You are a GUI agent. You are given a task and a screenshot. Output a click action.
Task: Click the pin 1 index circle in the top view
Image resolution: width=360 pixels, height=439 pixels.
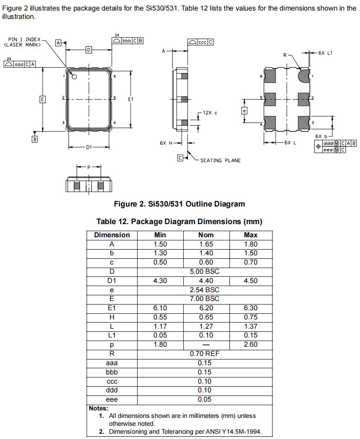pyautogui.click(x=74, y=77)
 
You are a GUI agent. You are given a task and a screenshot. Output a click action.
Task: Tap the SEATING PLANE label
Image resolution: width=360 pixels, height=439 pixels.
pyautogui.click(x=220, y=160)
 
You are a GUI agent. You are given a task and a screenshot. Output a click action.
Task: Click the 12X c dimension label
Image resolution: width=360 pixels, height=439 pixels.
pyautogui.click(x=210, y=113)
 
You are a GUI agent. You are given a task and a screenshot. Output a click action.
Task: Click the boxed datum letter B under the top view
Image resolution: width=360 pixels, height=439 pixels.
pyautogui.click(x=34, y=139)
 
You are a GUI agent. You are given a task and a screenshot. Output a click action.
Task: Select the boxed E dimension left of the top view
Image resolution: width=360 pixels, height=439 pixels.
pyautogui.click(x=42, y=99)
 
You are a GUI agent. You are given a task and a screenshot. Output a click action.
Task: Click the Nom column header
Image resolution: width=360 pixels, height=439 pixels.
pyautogui.click(x=206, y=235)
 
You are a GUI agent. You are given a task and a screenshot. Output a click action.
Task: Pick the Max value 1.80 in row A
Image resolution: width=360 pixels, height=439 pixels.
pyautogui.click(x=251, y=244)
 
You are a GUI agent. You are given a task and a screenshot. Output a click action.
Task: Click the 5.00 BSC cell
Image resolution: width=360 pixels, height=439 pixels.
pyautogui.click(x=205, y=272)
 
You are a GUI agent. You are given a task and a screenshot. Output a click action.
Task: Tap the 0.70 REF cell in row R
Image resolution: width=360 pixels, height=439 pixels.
pyautogui.click(x=205, y=354)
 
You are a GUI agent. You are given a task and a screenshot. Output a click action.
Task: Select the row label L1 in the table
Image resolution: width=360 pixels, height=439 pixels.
pyautogui.click(x=112, y=335)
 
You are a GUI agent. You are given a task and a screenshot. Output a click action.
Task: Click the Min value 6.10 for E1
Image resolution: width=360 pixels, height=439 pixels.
pyautogui.click(x=160, y=308)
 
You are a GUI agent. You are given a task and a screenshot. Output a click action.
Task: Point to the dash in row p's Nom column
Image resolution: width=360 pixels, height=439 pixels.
pyautogui.click(x=205, y=345)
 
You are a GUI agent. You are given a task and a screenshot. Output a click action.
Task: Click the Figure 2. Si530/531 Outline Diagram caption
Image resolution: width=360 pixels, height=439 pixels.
pyautogui.click(x=179, y=204)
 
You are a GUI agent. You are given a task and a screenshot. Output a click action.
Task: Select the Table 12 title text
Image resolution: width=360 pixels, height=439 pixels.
pyautogui.click(x=179, y=221)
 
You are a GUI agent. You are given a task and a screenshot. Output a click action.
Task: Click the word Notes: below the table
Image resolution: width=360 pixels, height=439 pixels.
pyautogui.click(x=98, y=408)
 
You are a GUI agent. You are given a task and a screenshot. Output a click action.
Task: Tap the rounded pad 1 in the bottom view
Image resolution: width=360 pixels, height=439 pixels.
pyautogui.click(x=303, y=76)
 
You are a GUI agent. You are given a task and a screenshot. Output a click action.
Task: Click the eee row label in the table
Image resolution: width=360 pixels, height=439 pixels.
pyautogui.click(x=112, y=399)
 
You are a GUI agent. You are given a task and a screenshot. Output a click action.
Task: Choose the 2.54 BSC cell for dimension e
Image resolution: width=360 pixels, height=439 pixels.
pyautogui.click(x=205, y=290)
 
